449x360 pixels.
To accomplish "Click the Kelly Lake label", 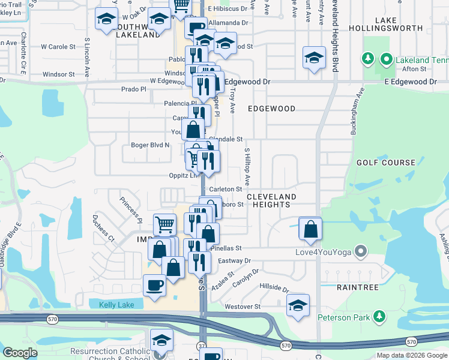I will click(x=116, y=305).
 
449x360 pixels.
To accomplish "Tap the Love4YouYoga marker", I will click(x=361, y=250).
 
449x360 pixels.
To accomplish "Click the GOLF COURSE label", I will click(x=386, y=163).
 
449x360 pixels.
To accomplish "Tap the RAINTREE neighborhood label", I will click(x=358, y=287).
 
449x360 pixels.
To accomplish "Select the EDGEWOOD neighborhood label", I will click(x=271, y=109).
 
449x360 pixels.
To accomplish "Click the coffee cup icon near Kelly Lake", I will click(x=154, y=284).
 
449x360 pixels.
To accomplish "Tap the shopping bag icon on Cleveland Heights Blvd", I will click(x=310, y=229).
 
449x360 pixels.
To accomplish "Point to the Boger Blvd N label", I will click(x=150, y=145).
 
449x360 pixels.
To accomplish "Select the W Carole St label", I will click(x=58, y=46).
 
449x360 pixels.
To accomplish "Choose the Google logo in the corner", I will click(x=20, y=353).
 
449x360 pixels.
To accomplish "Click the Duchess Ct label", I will click(x=103, y=225).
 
